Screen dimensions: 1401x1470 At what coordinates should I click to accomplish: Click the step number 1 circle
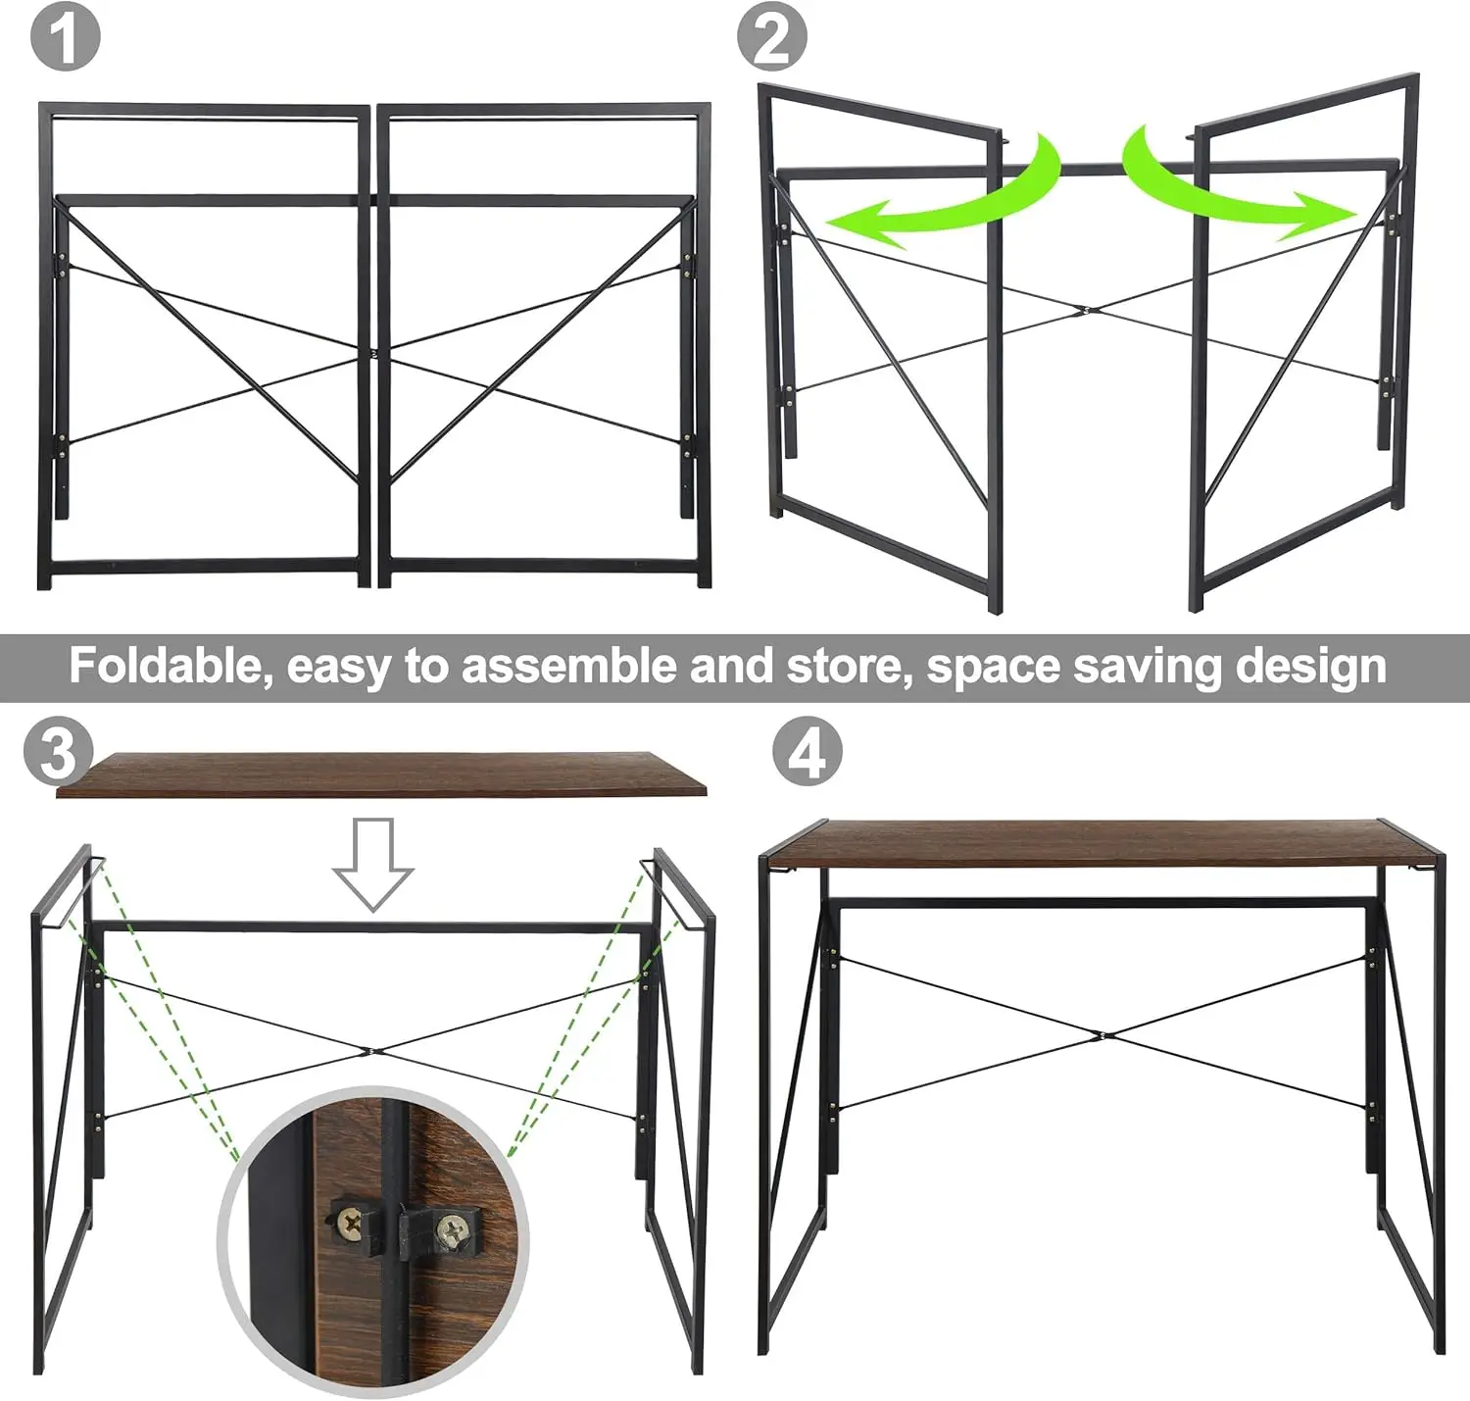65,36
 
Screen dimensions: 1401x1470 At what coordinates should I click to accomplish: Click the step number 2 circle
772,36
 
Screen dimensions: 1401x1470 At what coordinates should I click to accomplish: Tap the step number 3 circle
59,752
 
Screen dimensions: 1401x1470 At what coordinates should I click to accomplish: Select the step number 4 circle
807,753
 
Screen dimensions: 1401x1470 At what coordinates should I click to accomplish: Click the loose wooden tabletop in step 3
380,775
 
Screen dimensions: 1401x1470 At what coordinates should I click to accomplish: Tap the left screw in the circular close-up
351,1222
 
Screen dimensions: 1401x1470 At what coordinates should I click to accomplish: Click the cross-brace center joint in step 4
1102,1034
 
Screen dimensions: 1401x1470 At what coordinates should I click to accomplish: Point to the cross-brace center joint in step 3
371,1052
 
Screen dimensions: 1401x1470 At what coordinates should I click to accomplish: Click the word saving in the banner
1151,667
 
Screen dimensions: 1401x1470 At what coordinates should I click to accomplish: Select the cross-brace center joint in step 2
1082,312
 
